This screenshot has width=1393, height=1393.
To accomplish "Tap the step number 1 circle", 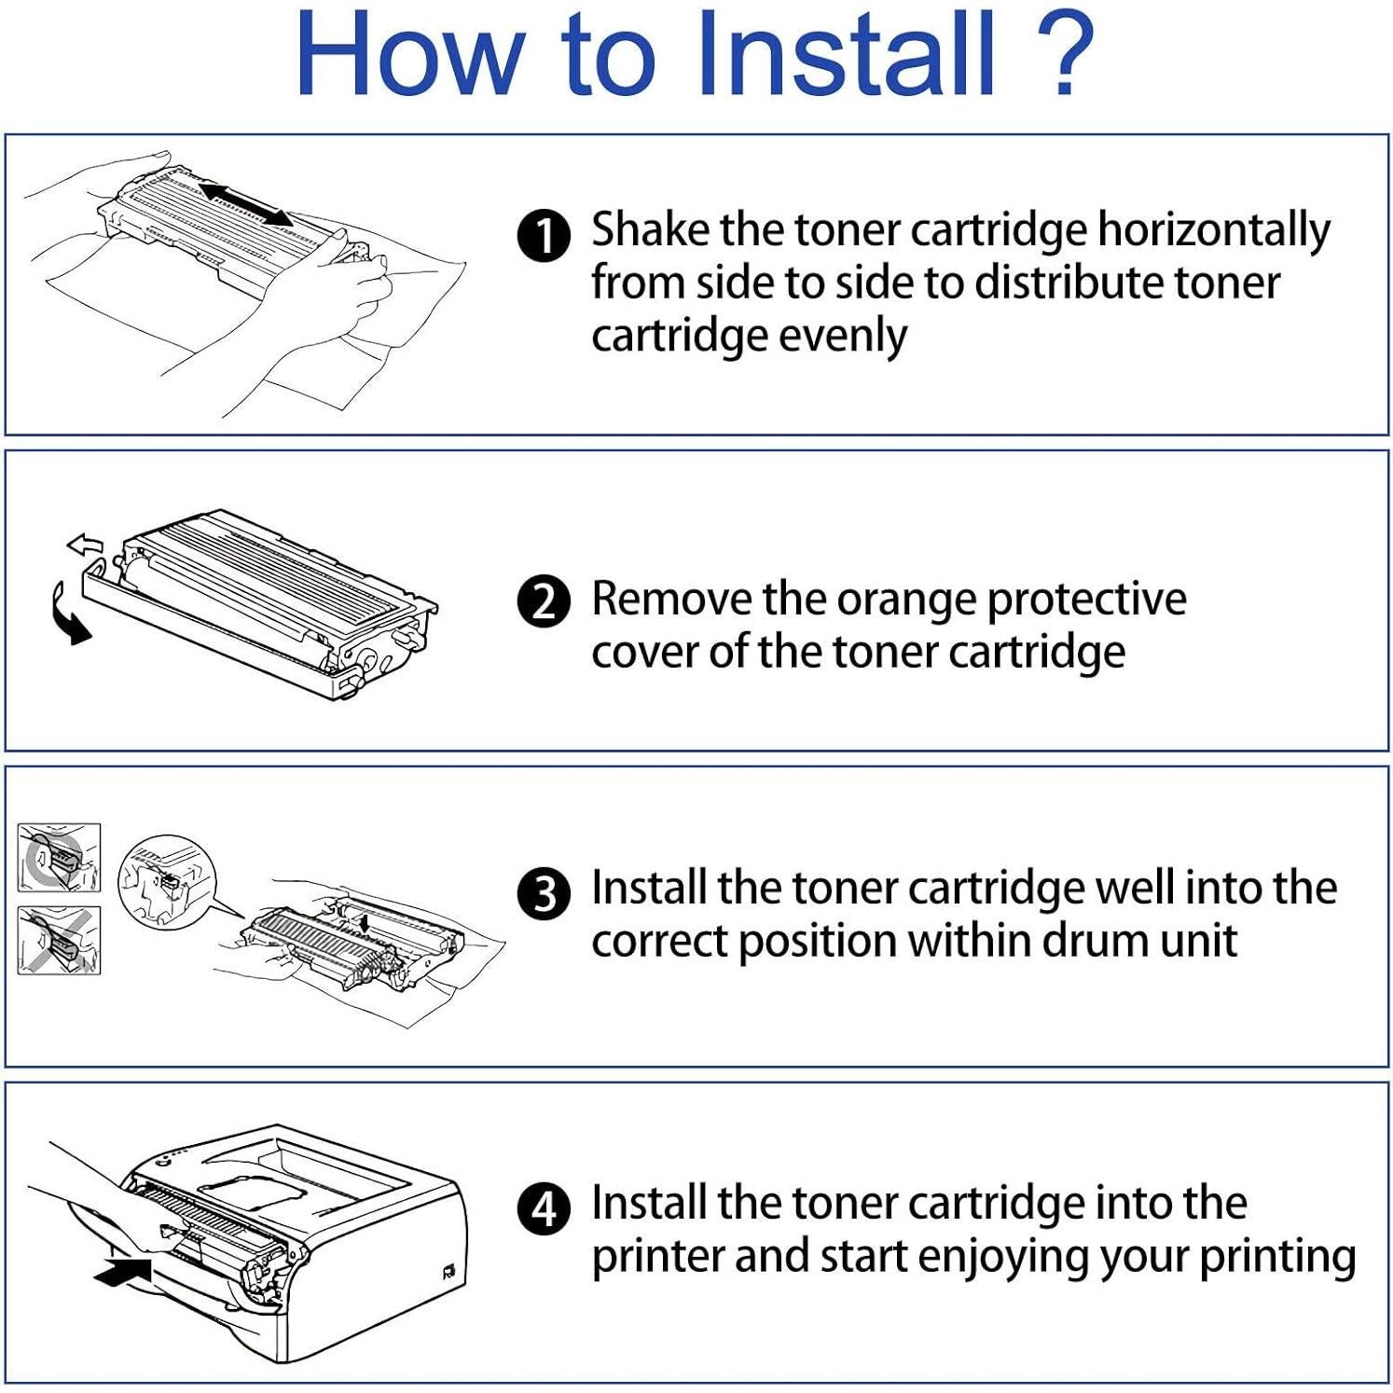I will pos(544,235).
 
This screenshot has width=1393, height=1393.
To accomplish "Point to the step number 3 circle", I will pos(544,893).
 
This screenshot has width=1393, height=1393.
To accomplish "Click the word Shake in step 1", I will pos(649,229).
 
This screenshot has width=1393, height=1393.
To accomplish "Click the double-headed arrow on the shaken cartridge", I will pos(246,204).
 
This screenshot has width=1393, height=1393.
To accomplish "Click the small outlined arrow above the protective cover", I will pos(85,545).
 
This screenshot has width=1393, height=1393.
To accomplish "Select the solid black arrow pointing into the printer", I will pos(123,1271).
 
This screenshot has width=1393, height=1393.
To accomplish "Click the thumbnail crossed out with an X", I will pos(59,941).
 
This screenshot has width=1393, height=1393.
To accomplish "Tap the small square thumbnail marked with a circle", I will pos(59,857).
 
